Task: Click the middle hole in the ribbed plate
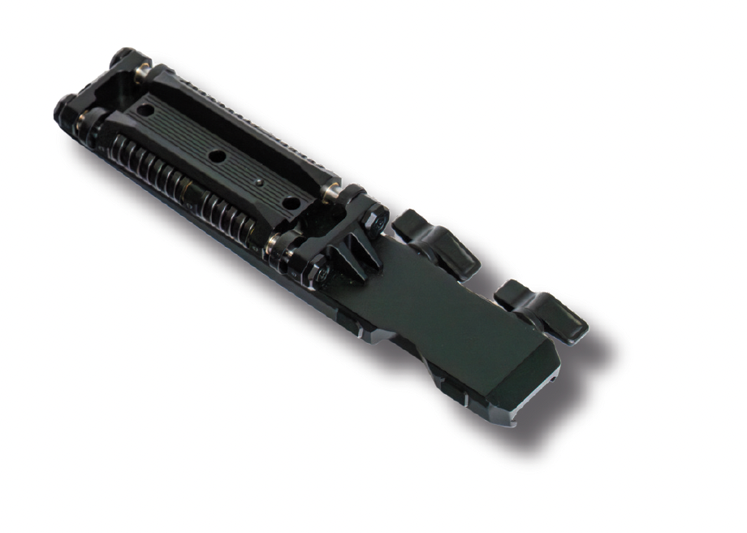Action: [215, 155]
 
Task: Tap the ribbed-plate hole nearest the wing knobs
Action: [290, 201]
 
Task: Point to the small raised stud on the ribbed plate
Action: [257, 182]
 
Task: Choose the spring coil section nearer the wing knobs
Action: [231, 220]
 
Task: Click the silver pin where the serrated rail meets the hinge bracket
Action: [330, 193]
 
